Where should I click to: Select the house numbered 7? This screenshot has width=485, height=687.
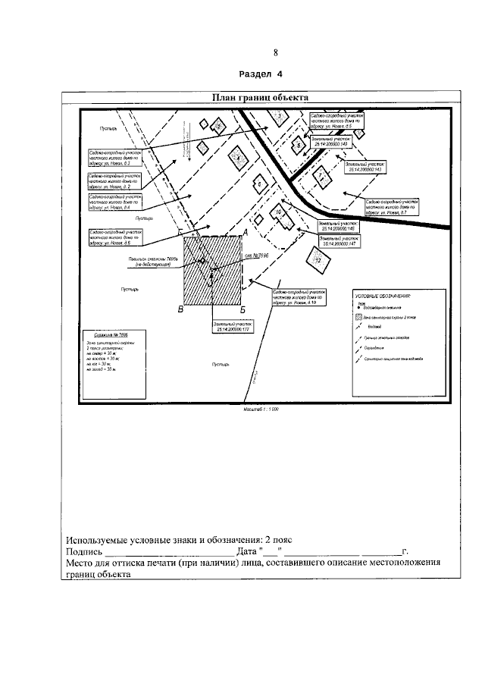(321, 176)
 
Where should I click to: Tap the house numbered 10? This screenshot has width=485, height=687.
(279, 214)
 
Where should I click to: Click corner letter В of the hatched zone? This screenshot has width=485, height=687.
(180, 309)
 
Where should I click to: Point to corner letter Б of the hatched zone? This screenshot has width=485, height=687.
(242, 309)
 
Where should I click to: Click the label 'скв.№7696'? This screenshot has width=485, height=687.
(258, 256)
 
